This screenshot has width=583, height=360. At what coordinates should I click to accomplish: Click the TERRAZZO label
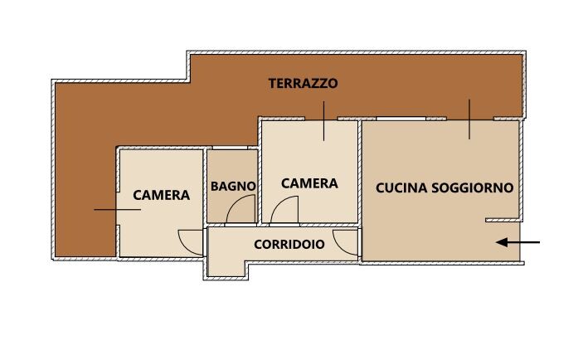pyautogui.click(x=303, y=83)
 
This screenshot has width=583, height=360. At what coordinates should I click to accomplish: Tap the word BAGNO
pyautogui.click(x=233, y=186)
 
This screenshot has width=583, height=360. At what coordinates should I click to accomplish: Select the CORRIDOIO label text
pyautogui.click(x=289, y=245)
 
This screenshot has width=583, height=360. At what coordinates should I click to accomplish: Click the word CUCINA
pyautogui.click(x=401, y=187)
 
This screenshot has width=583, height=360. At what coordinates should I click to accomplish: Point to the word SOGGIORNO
pyautogui.click(x=473, y=187)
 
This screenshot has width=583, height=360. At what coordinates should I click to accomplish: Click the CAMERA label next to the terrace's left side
pyautogui.click(x=162, y=195)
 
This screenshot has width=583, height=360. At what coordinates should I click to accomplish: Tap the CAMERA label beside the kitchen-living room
pyautogui.click(x=309, y=183)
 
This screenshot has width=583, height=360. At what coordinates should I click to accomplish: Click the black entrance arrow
pyautogui.click(x=517, y=242)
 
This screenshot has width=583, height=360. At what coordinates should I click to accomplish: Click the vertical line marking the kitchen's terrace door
pyautogui.click(x=469, y=119)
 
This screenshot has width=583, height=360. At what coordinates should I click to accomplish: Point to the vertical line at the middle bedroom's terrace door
pyautogui.click(x=324, y=121)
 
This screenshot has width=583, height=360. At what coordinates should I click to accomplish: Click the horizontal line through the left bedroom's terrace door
pyautogui.click(x=117, y=210)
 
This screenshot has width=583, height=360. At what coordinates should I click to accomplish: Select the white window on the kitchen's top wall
pyautogui.click(x=401, y=119)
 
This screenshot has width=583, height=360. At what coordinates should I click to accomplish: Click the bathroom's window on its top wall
pyautogui.click(x=230, y=148)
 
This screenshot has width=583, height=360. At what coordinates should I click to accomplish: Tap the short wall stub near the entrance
pyautogui.click(x=502, y=220)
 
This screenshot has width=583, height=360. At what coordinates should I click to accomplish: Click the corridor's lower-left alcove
pyautogui.click(x=226, y=269)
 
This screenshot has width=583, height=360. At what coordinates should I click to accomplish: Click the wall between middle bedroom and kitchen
pyautogui.click(x=360, y=172)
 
